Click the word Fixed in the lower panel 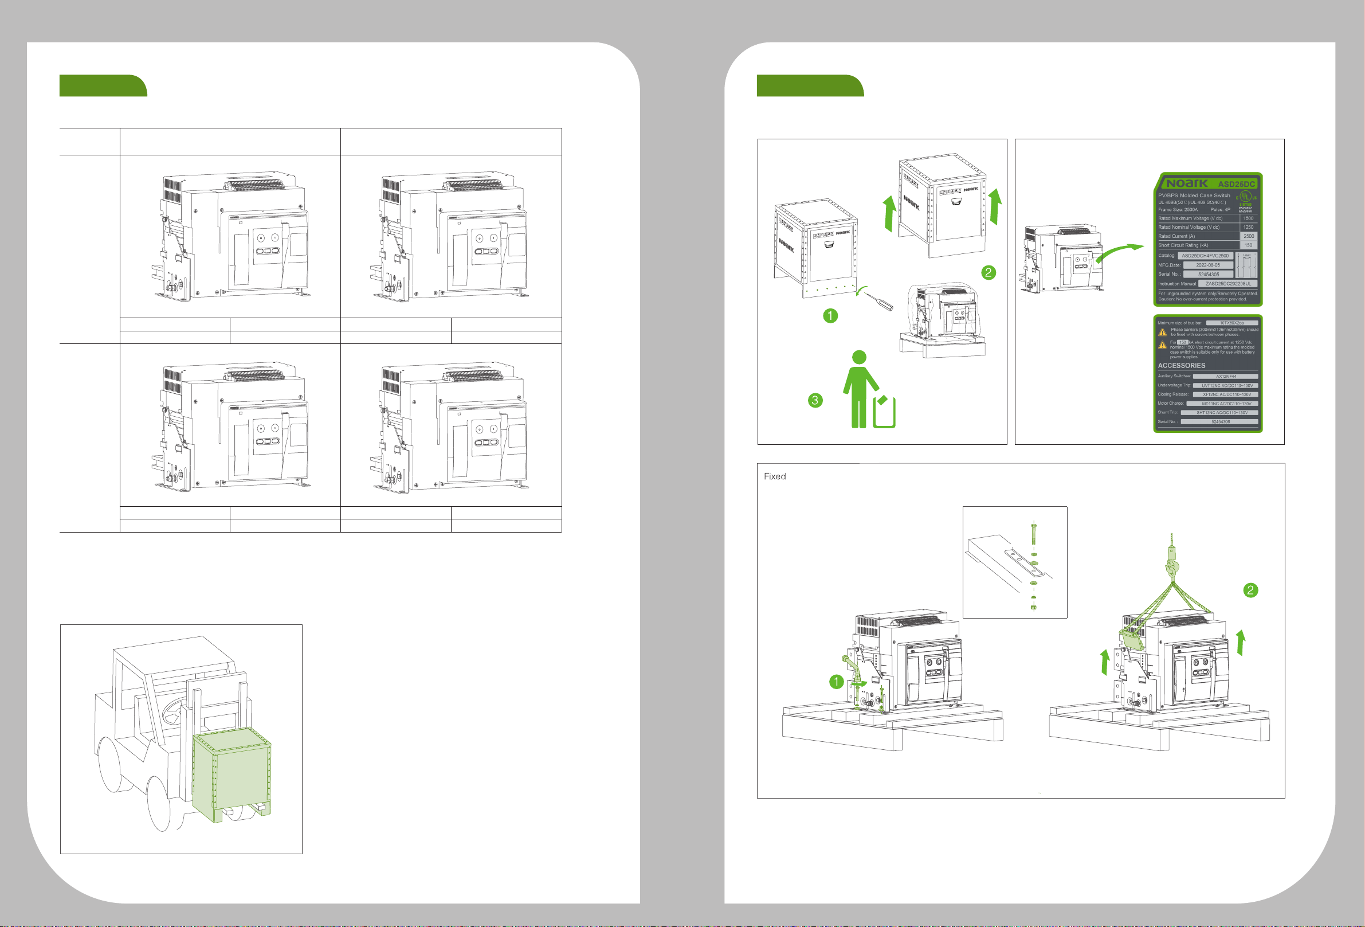coord(774,476)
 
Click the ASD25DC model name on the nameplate coord(1236,184)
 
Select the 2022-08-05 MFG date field coord(1207,265)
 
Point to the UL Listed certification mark coord(1245,197)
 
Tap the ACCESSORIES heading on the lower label coord(1181,365)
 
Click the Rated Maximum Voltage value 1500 coord(1248,218)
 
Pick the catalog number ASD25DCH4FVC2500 coord(1205,256)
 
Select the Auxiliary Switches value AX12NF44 coord(1226,376)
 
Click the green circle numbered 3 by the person coord(815,400)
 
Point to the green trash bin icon coord(884,413)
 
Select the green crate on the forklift coord(233,775)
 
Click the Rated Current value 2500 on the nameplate coord(1248,236)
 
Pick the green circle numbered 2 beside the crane coord(1250,590)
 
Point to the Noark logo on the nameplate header coord(1186,183)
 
